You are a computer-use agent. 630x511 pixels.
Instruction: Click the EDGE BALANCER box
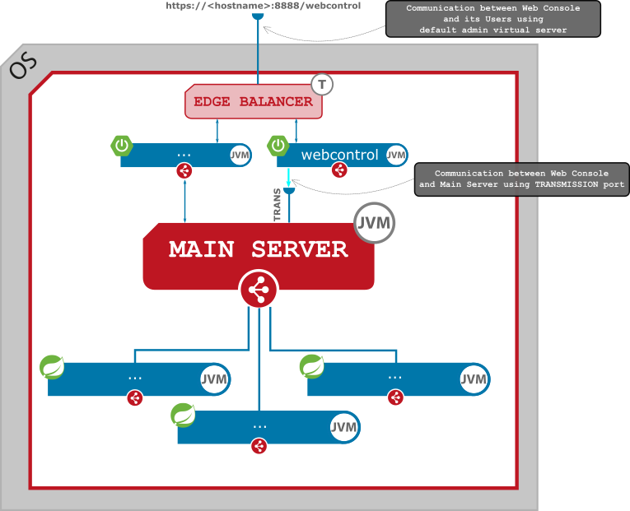click(x=253, y=102)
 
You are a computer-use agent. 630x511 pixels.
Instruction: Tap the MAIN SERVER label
click(x=259, y=249)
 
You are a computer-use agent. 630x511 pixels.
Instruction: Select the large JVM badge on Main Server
click(x=375, y=223)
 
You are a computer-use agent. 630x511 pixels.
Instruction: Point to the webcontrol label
click(x=339, y=155)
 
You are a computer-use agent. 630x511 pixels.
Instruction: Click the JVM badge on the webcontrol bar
click(x=396, y=155)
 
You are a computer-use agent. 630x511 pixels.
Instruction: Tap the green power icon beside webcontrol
click(x=278, y=146)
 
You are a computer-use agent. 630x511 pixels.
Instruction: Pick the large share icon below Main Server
click(x=259, y=290)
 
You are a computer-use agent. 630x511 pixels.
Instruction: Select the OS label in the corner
click(x=23, y=66)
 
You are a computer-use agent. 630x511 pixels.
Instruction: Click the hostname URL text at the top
click(x=263, y=5)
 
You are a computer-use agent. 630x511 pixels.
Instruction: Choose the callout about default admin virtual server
click(x=492, y=19)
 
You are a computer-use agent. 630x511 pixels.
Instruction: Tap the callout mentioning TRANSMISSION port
click(x=521, y=179)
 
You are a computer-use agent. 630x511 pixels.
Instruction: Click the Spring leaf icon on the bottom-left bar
click(x=53, y=367)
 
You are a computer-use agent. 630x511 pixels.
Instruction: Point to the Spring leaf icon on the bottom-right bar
click(x=311, y=366)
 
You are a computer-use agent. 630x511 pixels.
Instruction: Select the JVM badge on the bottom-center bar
click(x=343, y=427)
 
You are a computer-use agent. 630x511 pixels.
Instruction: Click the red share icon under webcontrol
click(x=338, y=170)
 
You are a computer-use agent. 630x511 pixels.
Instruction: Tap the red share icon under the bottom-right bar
click(x=395, y=397)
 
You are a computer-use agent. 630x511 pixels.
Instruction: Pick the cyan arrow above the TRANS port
click(x=288, y=179)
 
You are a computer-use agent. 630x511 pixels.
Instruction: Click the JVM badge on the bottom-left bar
click(x=214, y=379)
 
